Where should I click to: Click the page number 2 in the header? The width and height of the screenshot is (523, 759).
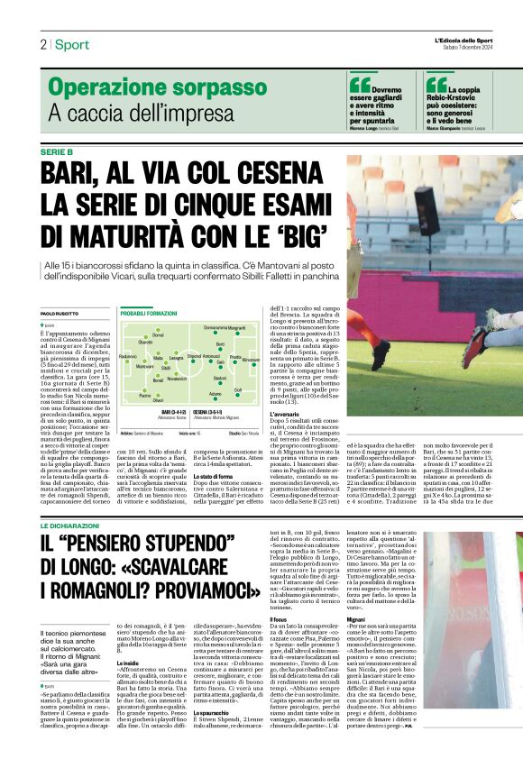click(x=42, y=44)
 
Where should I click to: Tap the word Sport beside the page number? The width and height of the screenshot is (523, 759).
click(x=71, y=44)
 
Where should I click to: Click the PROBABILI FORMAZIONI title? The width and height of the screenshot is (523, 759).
click(x=149, y=313)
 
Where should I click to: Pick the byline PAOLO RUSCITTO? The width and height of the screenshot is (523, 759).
click(x=61, y=313)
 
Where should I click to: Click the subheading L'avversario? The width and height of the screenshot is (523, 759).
click(x=284, y=414)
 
